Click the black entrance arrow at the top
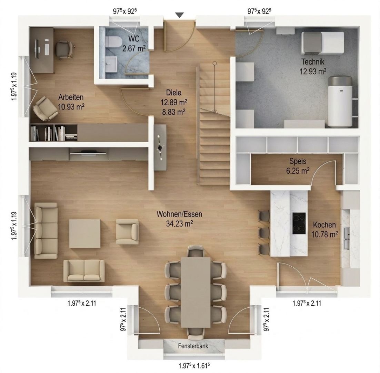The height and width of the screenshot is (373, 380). point(179,15)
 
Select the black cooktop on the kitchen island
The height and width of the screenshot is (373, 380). point(299,223)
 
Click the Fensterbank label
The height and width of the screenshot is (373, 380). point(193,346)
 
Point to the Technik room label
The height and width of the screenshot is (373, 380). point(313,61)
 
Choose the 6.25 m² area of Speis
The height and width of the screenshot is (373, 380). point(298,171)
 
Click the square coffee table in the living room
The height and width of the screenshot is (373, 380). point(84,233)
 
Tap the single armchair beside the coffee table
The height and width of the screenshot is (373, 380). point(128,231)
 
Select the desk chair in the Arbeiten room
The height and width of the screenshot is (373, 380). point(64,49)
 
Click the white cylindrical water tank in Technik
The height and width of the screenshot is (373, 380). point(340,102)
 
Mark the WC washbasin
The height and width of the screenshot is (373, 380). point(111,64)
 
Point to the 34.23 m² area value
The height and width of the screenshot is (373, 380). point(180,223)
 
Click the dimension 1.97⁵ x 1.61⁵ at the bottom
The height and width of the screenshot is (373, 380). point(193,365)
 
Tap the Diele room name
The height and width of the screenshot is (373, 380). point(174,93)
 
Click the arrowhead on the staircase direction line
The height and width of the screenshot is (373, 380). point(214,111)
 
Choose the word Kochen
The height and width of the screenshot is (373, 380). point(324,225)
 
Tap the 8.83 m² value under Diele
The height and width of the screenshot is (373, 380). point(173,112)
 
